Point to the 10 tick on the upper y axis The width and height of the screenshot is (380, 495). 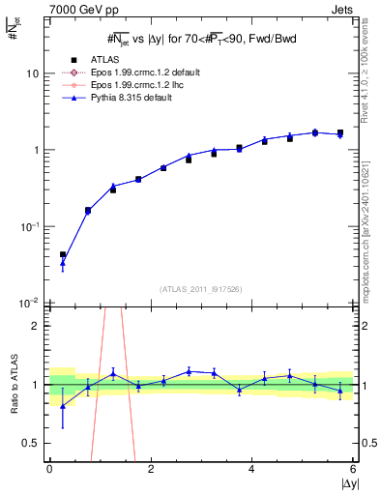pyautogui.click(x=32, y=73)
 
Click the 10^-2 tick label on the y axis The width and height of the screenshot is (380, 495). pyautogui.click(x=30, y=304)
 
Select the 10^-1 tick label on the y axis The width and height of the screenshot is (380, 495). pyautogui.click(x=30, y=227)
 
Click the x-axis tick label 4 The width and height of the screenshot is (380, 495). pyautogui.click(x=251, y=469)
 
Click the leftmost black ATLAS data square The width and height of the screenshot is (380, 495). pyautogui.click(x=63, y=255)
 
